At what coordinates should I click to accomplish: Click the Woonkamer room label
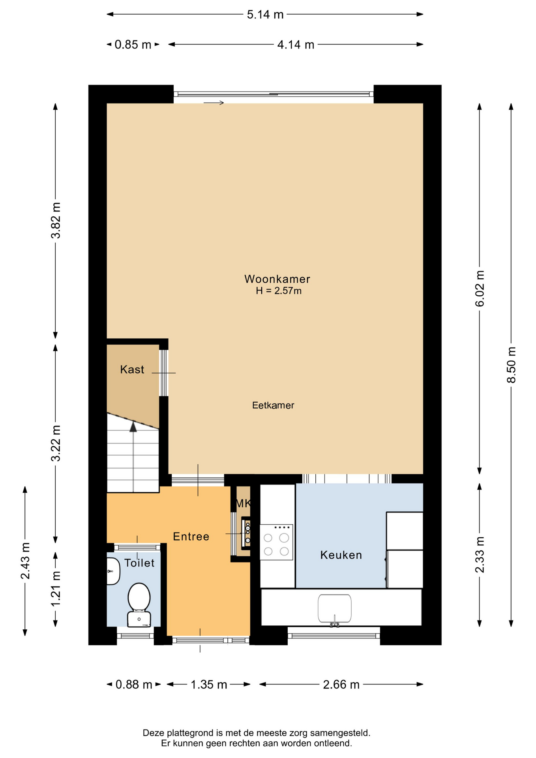pos(277,279)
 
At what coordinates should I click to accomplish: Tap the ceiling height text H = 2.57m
pos(279,291)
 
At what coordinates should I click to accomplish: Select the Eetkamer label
pos(273,405)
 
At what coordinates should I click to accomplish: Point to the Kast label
pos(132,370)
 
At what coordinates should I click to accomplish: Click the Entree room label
pos(191,537)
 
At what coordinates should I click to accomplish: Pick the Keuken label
pos(341,555)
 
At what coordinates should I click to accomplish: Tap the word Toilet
pos(139,563)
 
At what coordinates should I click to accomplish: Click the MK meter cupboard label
pos(243,503)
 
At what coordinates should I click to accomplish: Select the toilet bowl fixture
pos(139,604)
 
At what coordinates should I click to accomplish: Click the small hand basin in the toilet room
pos(113,571)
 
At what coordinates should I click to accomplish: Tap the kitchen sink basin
pos(335,609)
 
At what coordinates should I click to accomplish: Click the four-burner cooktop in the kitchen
pos(276,542)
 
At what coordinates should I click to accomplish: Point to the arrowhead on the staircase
pos(133,427)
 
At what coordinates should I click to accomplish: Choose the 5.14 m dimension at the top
pos(265,15)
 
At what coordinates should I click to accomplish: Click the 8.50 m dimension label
pos(511,365)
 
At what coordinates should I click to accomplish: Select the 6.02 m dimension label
pos(480,289)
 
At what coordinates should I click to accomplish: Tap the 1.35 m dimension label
pos(209,685)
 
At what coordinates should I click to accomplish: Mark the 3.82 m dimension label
pos(56,220)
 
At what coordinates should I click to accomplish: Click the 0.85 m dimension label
pos(133,45)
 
